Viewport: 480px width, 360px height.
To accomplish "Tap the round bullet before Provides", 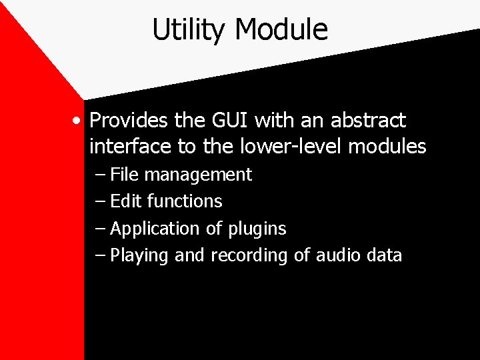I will (79, 121).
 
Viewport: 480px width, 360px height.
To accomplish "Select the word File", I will (126, 175).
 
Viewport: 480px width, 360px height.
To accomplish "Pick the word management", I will (198, 176).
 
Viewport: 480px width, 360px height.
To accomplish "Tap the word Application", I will (155, 229).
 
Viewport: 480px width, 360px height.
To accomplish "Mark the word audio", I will (337, 255).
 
